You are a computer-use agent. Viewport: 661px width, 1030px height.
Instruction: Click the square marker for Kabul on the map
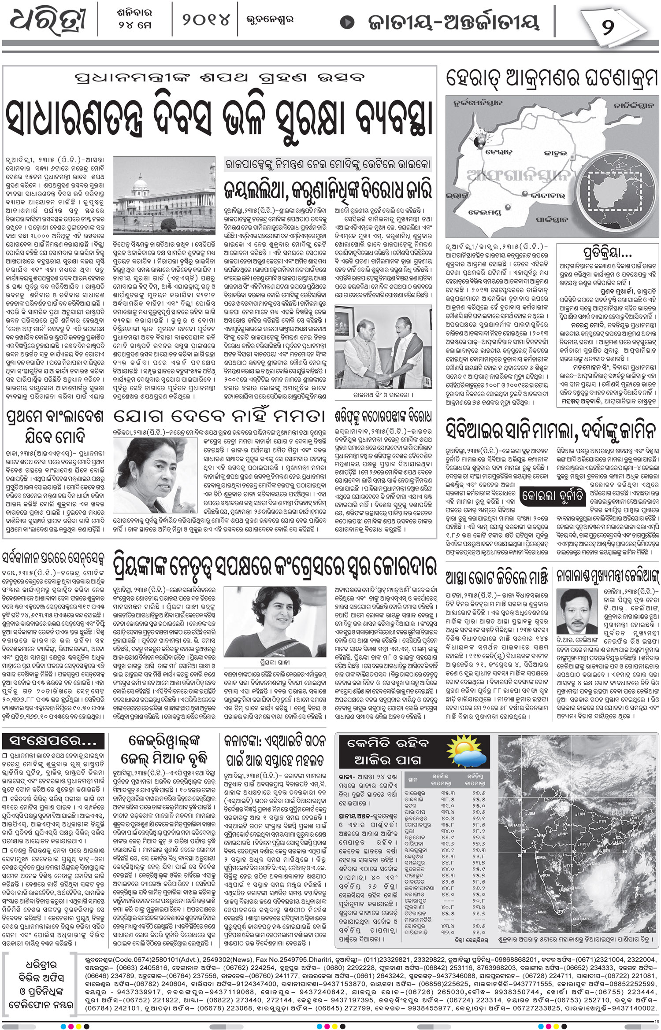click(572, 157)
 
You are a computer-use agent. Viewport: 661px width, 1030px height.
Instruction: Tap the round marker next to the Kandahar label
click(525, 194)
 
